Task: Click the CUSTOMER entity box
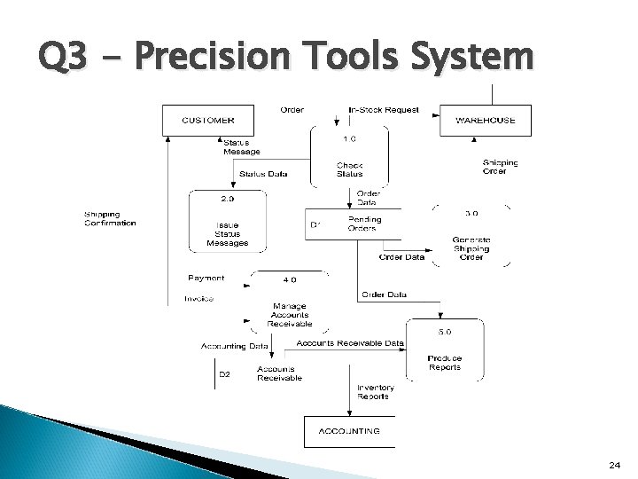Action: [x=208, y=120]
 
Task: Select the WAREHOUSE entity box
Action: [x=485, y=120]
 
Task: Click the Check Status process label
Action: [x=349, y=169]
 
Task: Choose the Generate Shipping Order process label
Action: [x=471, y=247]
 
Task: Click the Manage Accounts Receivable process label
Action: [x=290, y=315]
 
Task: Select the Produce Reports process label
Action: [x=445, y=362]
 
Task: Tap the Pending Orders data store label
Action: [x=363, y=224]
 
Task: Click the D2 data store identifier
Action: [x=224, y=374]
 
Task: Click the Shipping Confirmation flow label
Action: [x=110, y=218]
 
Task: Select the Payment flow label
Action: [x=206, y=279]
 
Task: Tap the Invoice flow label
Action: [x=198, y=299]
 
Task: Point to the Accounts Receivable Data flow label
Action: [x=350, y=342]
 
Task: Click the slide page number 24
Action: [x=614, y=464]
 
